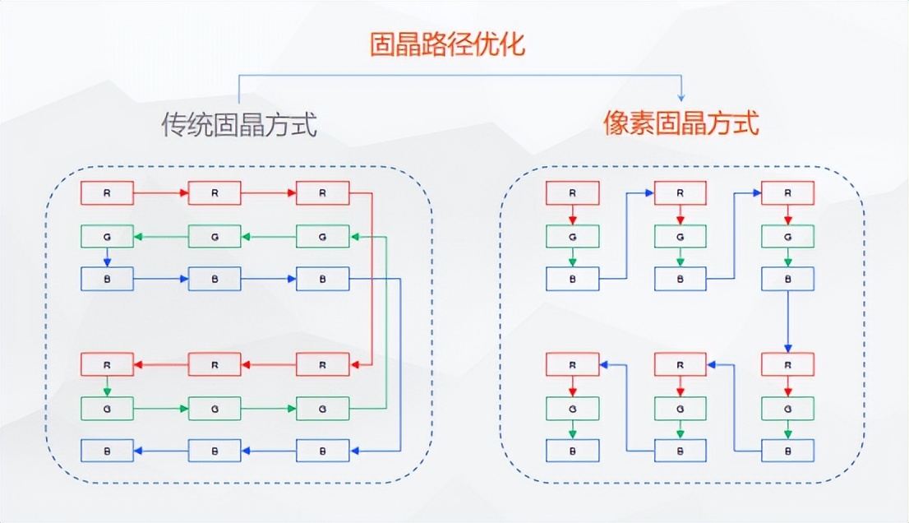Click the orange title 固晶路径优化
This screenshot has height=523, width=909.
(446, 44)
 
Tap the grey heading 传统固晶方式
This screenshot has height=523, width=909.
(238, 126)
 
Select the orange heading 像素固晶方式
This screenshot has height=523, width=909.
(681, 124)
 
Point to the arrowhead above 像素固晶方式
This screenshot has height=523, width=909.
(681, 96)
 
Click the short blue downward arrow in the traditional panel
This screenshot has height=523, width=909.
(107, 258)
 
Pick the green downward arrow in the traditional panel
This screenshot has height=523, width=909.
(107, 386)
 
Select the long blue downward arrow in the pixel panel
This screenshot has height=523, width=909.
(788, 322)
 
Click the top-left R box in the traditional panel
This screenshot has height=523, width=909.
(107, 193)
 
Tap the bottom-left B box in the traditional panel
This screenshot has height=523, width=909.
(107, 450)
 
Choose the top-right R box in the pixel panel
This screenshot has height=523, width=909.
(788, 193)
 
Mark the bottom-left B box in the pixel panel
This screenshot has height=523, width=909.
(573, 450)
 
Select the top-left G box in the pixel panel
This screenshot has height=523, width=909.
(573, 236)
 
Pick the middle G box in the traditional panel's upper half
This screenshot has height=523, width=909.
(215, 237)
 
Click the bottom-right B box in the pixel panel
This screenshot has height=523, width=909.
(788, 450)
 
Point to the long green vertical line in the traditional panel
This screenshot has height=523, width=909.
(386, 321)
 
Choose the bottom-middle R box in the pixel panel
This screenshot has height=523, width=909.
(681, 364)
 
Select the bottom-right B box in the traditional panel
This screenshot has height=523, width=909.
(322, 450)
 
